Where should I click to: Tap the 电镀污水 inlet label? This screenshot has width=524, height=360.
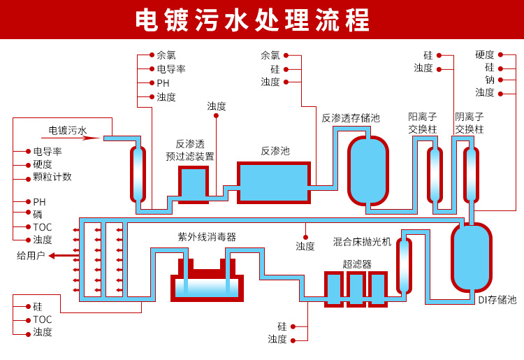pyautogui.click(x=68, y=130)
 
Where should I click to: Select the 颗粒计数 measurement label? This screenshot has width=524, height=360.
pyautogui.click(x=52, y=177)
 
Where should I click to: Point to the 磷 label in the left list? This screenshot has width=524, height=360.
pyautogui.click(x=38, y=215)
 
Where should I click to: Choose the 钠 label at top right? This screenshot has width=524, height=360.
pyautogui.click(x=490, y=80)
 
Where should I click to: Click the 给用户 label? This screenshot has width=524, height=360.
pyautogui.click(x=31, y=255)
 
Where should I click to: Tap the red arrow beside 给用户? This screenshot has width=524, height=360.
pyautogui.click(x=61, y=255)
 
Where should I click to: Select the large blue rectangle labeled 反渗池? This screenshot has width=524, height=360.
pyautogui.click(x=274, y=182)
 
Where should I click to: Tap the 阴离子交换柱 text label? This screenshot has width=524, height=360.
pyautogui.click(x=470, y=123)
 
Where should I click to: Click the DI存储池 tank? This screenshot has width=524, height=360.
pyautogui.click(x=472, y=257)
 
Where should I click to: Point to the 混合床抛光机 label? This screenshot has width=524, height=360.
pyautogui.click(x=363, y=241)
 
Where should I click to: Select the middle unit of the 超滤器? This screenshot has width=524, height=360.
pyautogui.click(x=356, y=288)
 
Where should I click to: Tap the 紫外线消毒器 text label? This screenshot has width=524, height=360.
pyautogui.click(x=207, y=237)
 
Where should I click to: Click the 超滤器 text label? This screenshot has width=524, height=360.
pyautogui.click(x=357, y=264)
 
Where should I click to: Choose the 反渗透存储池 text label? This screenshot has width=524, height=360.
pyautogui.click(x=351, y=117)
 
